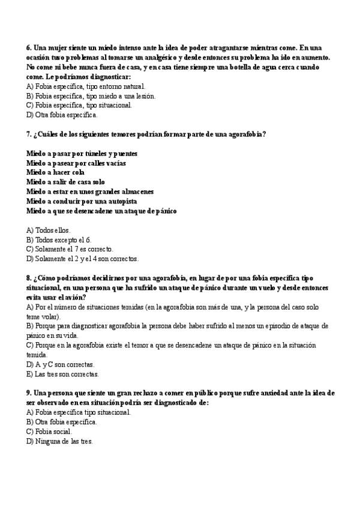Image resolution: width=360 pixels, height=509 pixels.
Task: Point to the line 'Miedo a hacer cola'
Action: click(x=55, y=172)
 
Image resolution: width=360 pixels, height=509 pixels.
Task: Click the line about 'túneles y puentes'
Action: click(x=82, y=153)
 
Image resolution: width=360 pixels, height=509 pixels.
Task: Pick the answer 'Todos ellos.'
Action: click(x=49, y=230)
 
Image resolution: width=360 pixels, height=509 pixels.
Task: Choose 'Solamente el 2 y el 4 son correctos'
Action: click(x=83, y=259)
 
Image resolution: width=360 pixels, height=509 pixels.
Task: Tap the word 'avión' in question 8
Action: click(x=74, y=298)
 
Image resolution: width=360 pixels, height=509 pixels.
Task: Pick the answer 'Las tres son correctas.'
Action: click(x=62, y=374)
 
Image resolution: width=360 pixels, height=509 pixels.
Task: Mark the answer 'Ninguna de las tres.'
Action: click(x=59, y=441)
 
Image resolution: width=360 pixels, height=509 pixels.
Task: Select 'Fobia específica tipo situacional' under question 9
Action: click(x=79, y=412)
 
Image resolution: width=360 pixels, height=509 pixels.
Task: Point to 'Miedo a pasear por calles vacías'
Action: click(x=76, y=163)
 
